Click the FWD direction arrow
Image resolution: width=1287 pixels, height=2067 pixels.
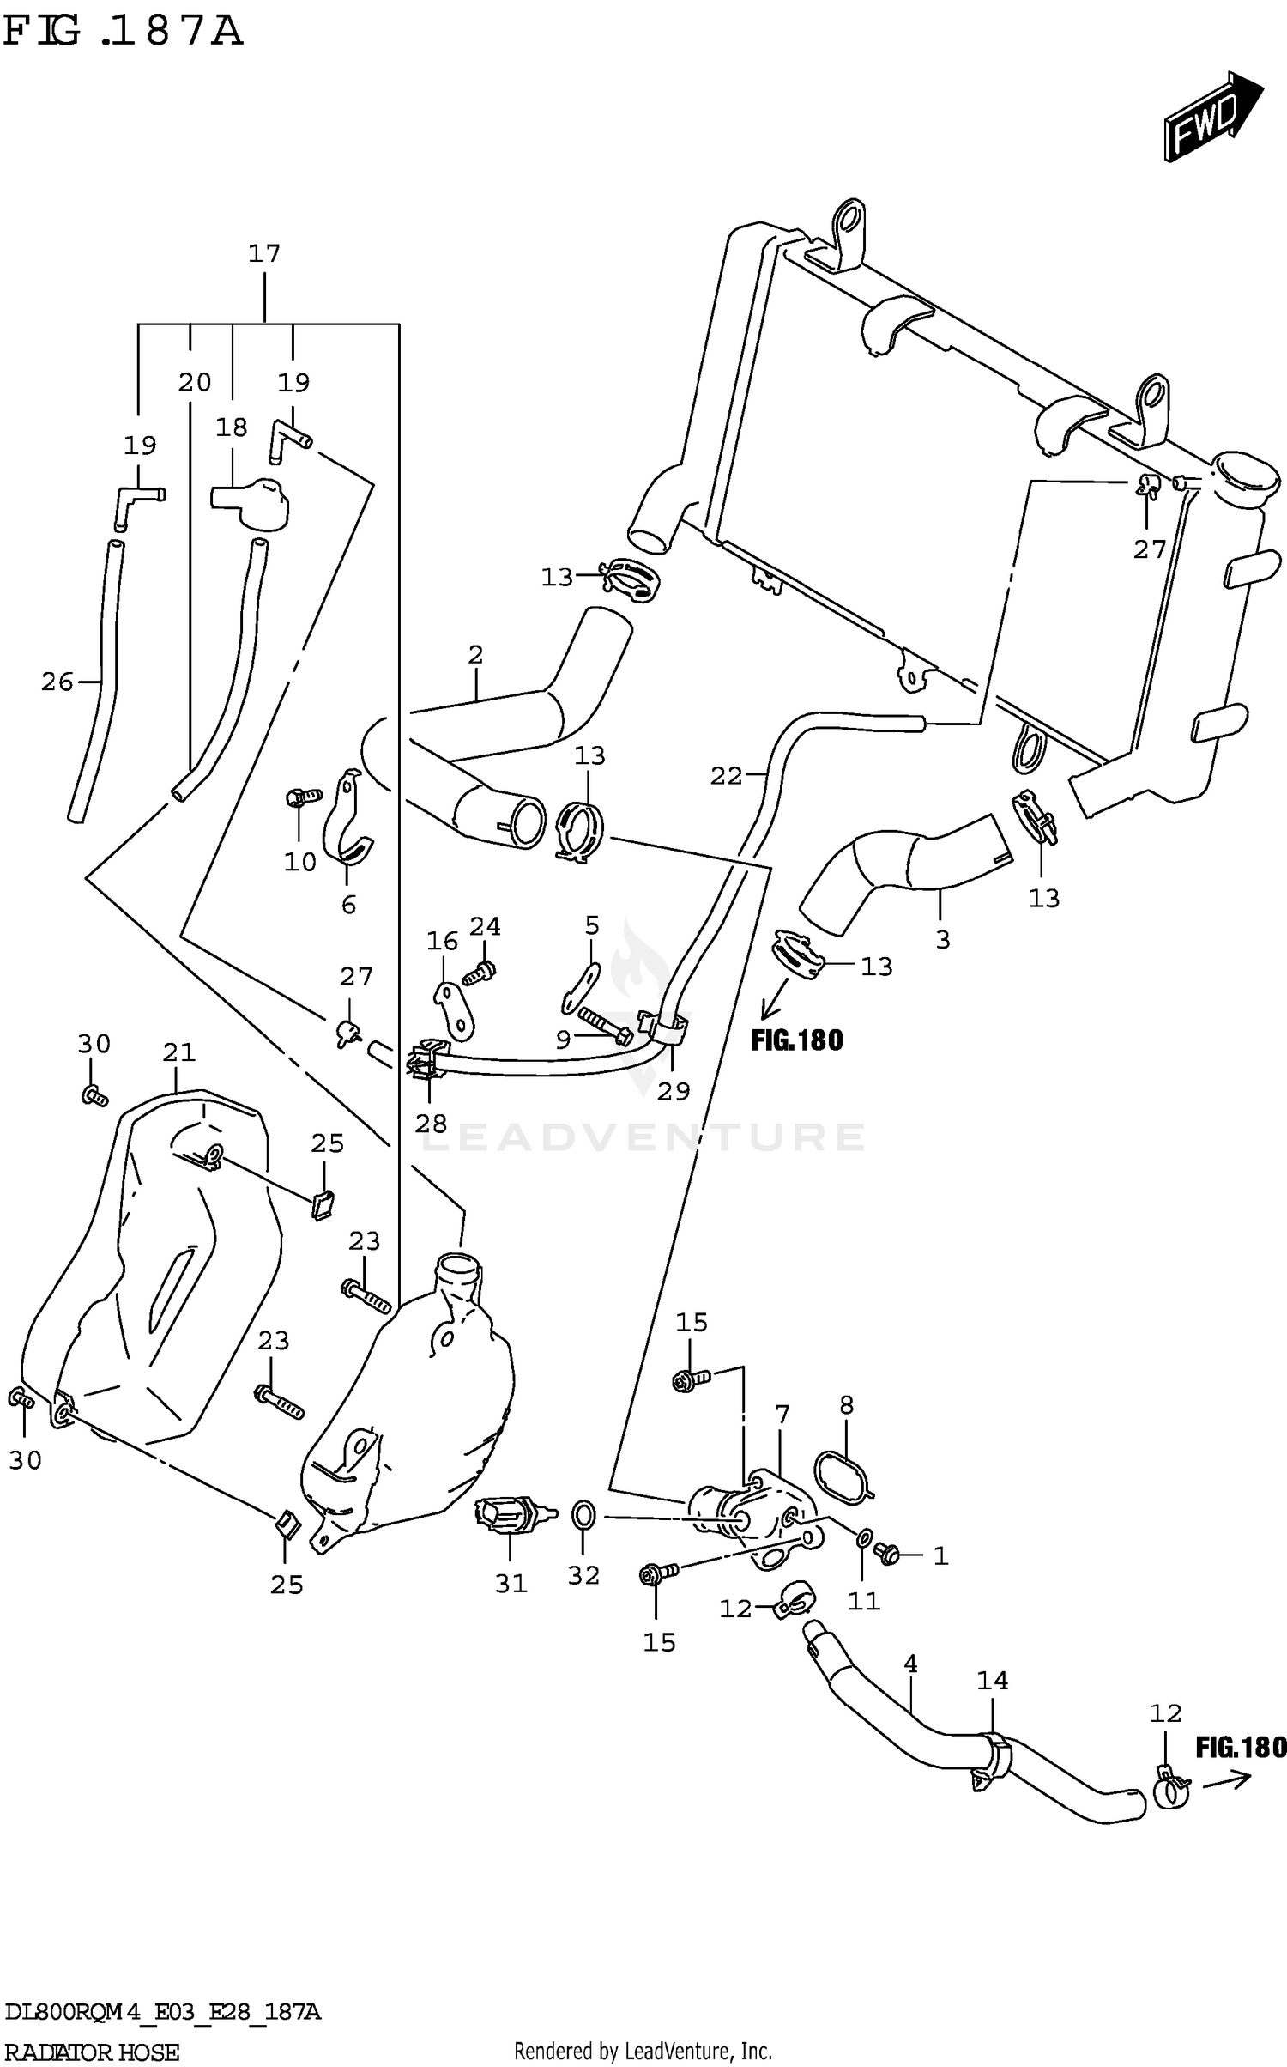click(x=1212, y=117)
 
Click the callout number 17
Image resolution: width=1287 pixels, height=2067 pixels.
click(x=264, y=253)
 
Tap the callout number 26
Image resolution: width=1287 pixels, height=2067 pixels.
click(x=57, y=682)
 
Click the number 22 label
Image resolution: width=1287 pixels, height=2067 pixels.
click(x=726, y=776)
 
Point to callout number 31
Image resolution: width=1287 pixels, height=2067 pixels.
click(x=511, y=1584)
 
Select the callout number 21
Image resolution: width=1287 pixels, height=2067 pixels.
click(x=179, y=1052)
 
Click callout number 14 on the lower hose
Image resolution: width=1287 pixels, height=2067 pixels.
click(x=993, y=1680)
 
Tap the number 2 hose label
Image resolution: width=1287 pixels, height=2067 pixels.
click(x=476, y=655)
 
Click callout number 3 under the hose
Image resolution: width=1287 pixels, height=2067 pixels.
click(x=943, y=940)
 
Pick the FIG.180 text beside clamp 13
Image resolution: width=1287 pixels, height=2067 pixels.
click(x=797, y=1040)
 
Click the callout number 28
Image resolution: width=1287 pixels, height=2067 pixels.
click(x=431, y=1124)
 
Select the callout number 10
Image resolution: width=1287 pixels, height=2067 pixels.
click(x=300, y=862)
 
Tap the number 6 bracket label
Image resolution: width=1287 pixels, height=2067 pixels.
click(x=348, y=905)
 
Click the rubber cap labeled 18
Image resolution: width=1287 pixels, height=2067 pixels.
click(x=251, y=503)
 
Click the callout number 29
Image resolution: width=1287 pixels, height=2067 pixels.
click(x=674, y=1091)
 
